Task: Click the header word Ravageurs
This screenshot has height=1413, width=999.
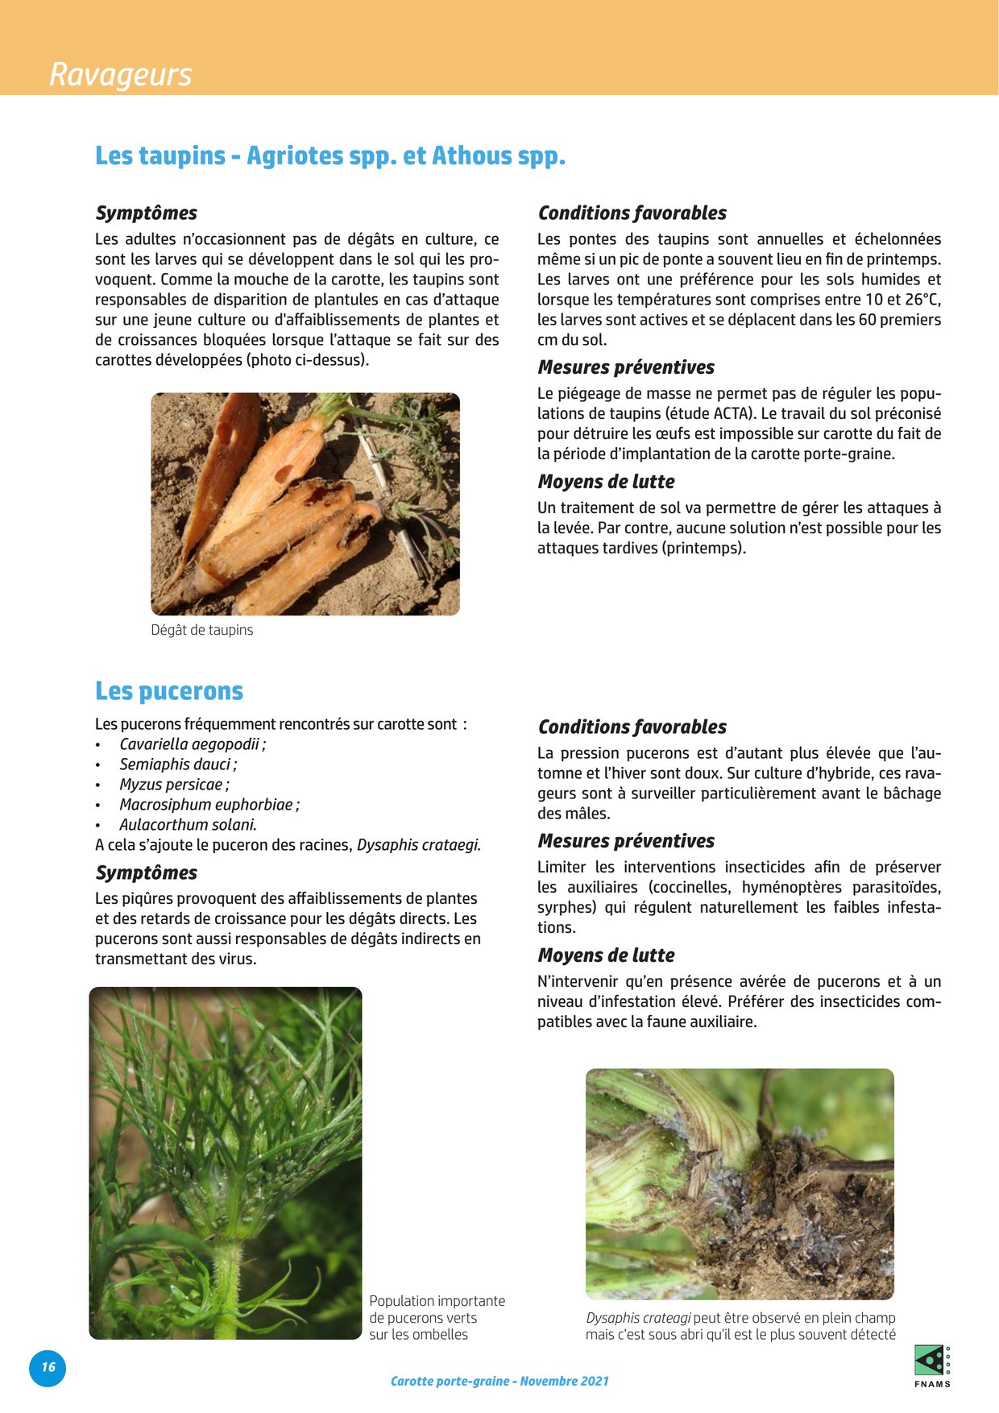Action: (121, 74)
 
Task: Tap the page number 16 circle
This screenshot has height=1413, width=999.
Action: (48, 1367)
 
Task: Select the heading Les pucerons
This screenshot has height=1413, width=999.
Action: (169, 691)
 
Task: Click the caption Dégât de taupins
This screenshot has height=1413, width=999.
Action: (202, 630)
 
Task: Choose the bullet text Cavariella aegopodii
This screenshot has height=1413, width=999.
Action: (192, 744)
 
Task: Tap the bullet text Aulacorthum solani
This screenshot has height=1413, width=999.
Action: (188, 825)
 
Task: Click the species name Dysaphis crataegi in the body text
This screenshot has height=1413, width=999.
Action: (418, 845)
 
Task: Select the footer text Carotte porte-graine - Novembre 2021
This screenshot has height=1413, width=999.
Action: (499, 1381)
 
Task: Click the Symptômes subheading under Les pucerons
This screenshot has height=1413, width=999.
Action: (147, 872)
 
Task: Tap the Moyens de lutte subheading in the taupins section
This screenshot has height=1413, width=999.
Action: (606, 482)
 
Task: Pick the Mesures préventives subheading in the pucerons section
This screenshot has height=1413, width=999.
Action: (626, 841)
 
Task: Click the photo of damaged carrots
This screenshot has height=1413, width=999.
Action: (305, 504)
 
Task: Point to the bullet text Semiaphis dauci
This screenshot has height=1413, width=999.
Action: (177, 765)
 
